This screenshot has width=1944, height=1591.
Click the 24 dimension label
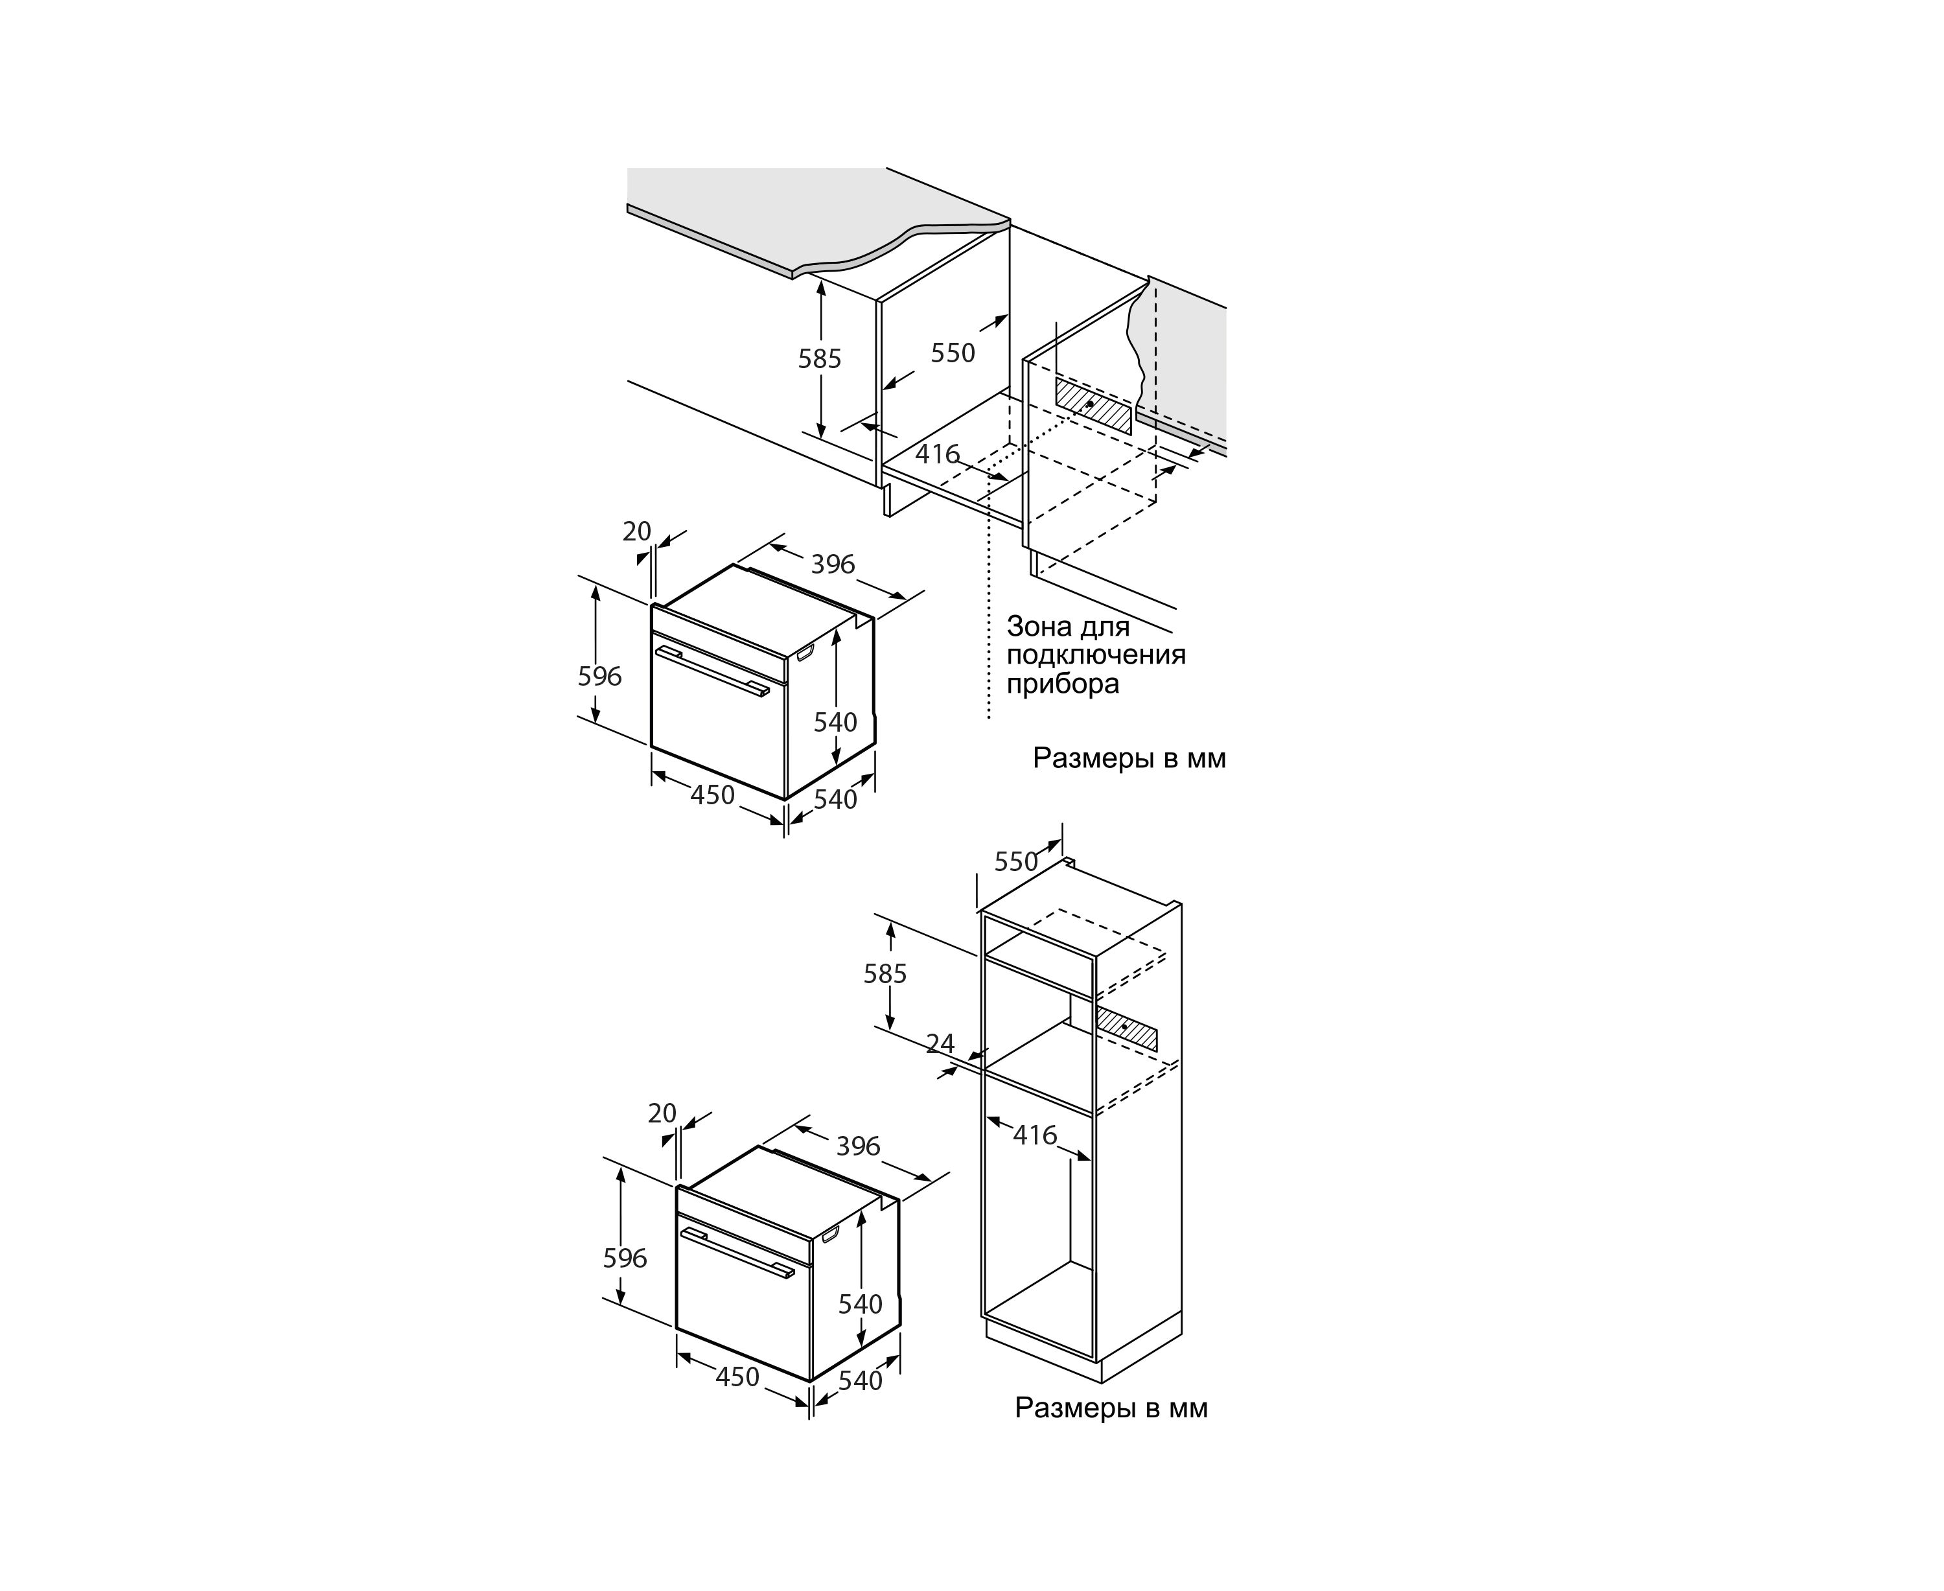pyautogui.click(x=940, y=1044)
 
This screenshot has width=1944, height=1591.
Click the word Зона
pyautogui.click(x=1039, y=627)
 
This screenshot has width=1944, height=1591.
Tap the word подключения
pyautogui.click(x=1096, y=655)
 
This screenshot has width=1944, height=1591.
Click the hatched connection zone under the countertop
pyautogui.click(x=1093, y=406)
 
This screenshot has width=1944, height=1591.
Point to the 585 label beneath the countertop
pyautogui.click(x=818, y=359)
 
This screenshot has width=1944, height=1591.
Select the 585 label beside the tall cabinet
pyautogui.click(x=885, y=974)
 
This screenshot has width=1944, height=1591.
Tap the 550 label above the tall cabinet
pyautogui.click(x=1015, y=863)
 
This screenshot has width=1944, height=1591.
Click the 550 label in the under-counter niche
pyautogui.click(x=953, y=353)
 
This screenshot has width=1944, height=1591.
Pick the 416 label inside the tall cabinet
pyautogui.click(x=1035, y=1135)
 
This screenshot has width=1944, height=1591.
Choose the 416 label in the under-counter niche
pyautogui.click(x=938, y=454)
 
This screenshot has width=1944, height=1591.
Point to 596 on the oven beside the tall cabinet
pyautogui.click(x=625, y=1259)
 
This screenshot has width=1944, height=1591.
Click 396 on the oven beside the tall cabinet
pyautogui.click(x=858, y=1146)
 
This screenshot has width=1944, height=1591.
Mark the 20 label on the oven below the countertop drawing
pyautogui.click(x=637, y=531)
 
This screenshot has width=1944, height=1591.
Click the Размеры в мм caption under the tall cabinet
pyautogui.click(x=1111, y=1408)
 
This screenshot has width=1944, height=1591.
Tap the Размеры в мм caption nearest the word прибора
pyautogui.click(x=1129, y=759)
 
